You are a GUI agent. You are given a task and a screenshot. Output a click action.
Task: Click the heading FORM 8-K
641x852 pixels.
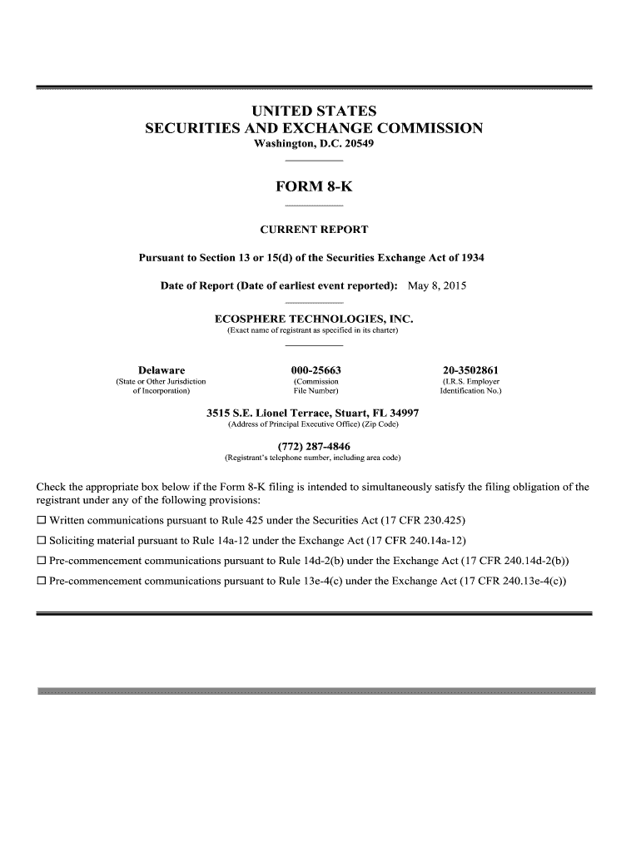(314, 188)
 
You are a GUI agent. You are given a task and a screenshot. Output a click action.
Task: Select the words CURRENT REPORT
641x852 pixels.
(314, 230)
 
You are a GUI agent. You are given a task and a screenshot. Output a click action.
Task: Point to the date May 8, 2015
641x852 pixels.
(437, 286)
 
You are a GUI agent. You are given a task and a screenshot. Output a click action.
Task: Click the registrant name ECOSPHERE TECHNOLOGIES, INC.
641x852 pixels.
(314, 319)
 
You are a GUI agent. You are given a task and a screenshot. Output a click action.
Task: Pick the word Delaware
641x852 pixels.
(161, 369)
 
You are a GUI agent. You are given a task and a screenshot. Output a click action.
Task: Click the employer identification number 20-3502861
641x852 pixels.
(470, 369)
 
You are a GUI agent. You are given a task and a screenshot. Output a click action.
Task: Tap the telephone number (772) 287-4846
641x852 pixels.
(313, 446)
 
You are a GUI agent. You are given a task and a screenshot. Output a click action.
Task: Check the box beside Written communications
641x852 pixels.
(41, 522)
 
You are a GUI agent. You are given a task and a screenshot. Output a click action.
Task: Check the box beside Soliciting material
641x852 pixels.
(41, 541)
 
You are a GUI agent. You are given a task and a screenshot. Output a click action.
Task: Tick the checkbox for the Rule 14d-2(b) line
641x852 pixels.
(41, 561)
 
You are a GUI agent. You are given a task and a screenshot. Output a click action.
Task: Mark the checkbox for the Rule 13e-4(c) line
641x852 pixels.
(41, 581)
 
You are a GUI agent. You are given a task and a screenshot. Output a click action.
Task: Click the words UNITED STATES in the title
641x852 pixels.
(314, 111)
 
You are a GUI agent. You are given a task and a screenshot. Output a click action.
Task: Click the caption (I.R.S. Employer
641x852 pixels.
(470, 382)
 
